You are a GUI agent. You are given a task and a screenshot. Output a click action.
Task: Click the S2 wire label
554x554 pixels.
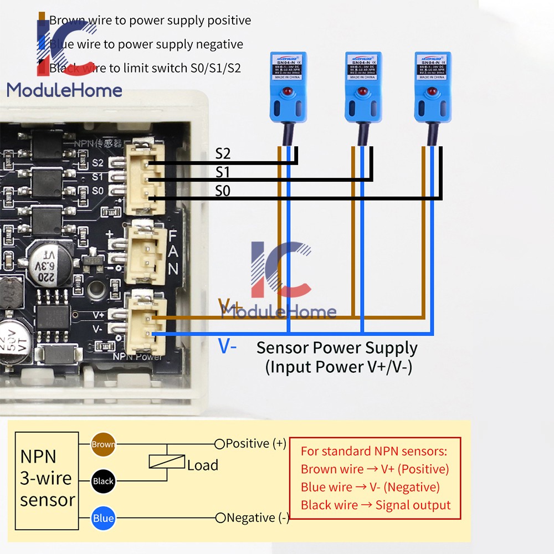point(223,153)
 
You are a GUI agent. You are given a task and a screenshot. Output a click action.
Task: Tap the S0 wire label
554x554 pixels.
point(223,191)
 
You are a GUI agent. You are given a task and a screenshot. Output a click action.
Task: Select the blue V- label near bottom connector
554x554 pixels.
point(228,346)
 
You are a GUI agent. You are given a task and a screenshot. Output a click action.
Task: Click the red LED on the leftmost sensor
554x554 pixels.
point(288,89)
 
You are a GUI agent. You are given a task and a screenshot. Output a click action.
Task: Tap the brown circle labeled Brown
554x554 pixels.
point(103,444)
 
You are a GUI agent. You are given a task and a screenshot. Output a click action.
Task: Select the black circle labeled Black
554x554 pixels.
point(103,481)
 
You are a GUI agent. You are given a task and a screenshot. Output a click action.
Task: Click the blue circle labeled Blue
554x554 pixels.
point(103,519)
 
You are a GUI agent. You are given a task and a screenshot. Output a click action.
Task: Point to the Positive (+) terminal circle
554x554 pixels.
point(219,444)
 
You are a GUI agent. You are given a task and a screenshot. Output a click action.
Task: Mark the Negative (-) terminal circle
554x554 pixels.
point(220,518)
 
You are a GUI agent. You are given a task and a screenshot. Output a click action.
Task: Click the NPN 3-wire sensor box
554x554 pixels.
point(47,479)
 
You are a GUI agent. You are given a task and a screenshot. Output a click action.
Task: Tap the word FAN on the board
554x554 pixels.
point(173,253)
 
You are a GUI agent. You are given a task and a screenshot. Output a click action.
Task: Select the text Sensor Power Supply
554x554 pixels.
point(337,348)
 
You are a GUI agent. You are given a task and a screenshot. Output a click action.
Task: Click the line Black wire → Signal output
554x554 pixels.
point(376,505)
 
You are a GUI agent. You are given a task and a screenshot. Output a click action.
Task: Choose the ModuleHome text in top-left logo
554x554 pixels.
point(64,90)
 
